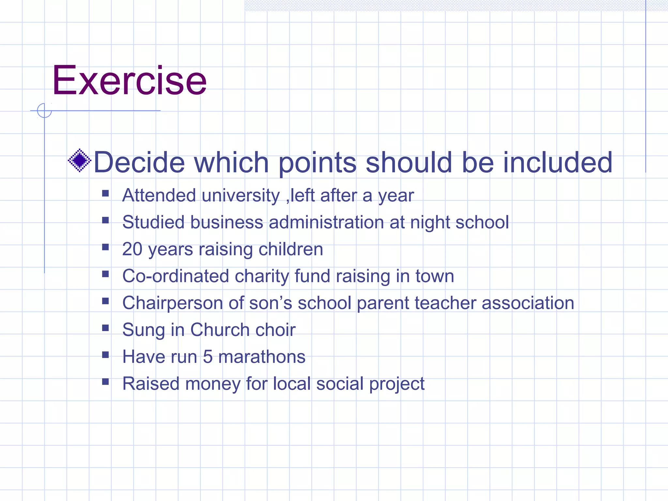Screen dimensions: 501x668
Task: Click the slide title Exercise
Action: [x=129, y=81]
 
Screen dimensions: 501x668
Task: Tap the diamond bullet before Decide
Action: [x=79, y=160]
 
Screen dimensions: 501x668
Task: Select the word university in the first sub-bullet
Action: [x=241, y=196]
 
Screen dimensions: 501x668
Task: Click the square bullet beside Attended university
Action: [x=105, y=194]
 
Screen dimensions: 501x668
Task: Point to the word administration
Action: [x=326, y=222]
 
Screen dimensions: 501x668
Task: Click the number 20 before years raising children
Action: [x=132, y=249]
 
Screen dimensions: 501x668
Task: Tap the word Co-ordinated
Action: [x=175, y=276]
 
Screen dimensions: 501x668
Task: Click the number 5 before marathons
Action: [x=207, y=357]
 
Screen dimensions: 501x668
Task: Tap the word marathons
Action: [x=262, y=357]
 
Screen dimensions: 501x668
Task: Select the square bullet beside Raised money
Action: [x=105, y=382]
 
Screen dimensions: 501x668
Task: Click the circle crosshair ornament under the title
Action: [x=44, y=111]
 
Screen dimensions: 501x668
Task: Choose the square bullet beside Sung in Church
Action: [x=105, y=328]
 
